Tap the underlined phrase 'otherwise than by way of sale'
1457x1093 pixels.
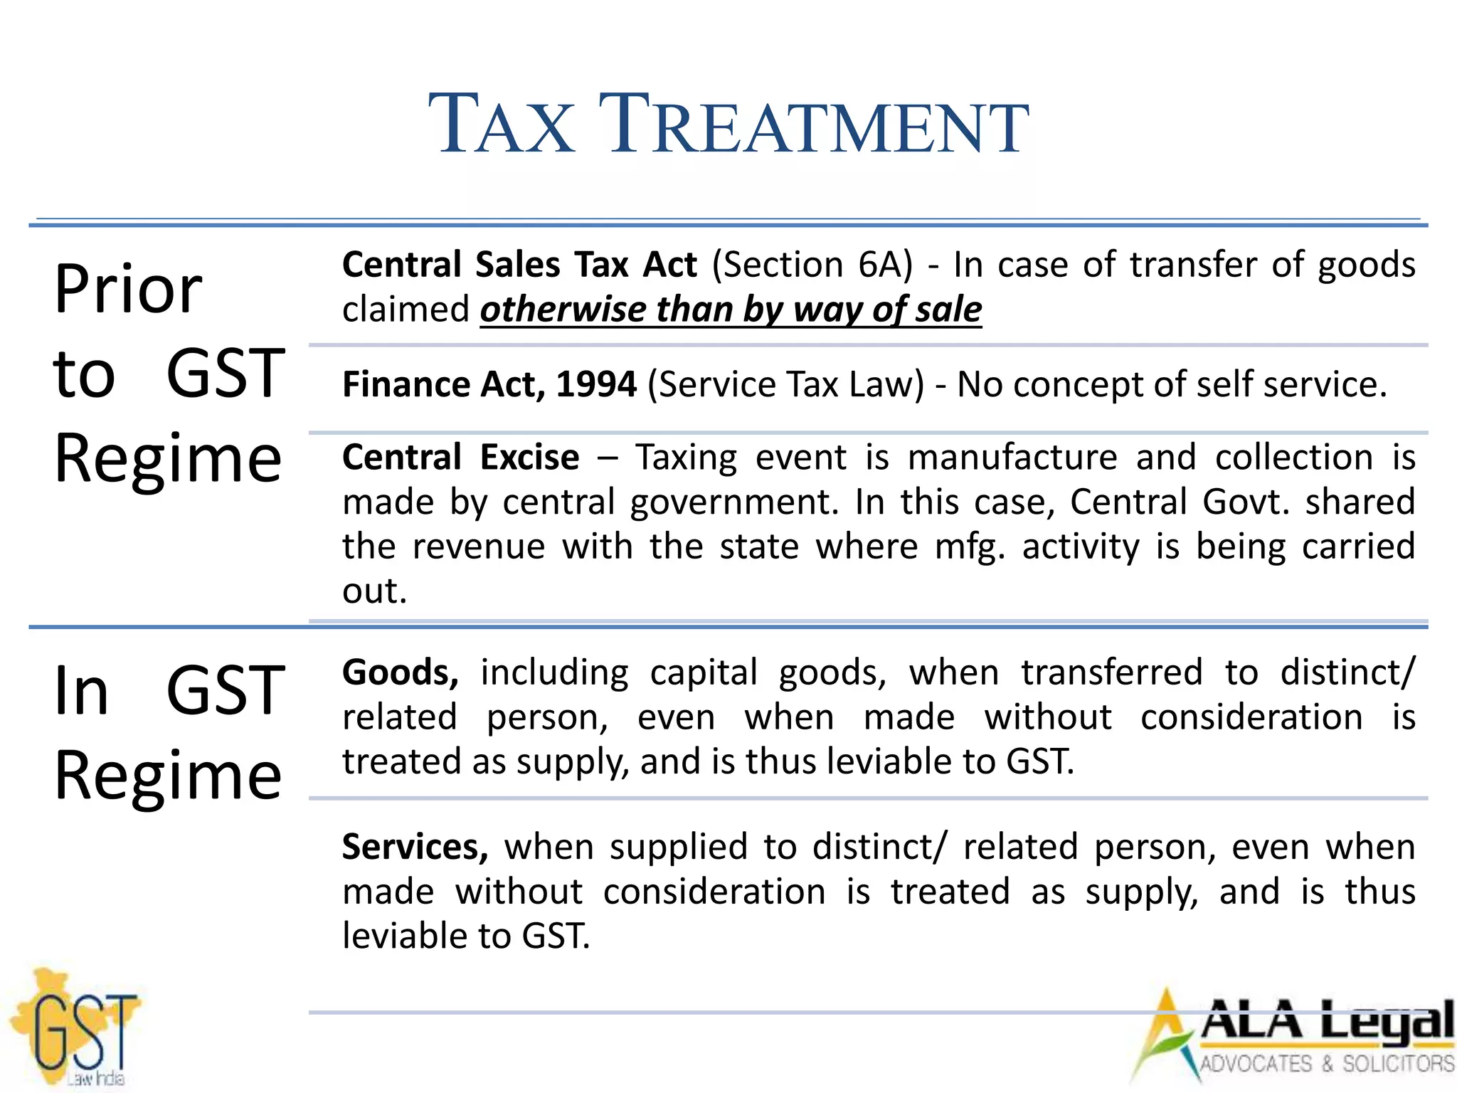coord(731,310)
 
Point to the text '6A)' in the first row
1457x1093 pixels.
coord(885,265)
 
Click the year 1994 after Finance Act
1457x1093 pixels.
coord(596,384)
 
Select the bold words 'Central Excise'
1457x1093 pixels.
coord(460,457)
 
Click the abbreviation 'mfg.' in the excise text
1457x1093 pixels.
coord(970,546)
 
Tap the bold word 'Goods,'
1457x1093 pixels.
coord(401,672)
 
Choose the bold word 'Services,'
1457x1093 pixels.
coord(415,847)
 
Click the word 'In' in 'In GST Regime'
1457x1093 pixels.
coord(81,690)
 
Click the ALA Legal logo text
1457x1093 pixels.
coord(1327,1022)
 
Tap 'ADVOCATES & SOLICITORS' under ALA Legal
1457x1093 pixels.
coord(1327,1064)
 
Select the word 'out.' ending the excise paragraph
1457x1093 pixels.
coord(374,591)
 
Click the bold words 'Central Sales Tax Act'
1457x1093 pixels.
coord(519,265)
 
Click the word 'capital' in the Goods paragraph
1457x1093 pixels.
coord(704,672)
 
